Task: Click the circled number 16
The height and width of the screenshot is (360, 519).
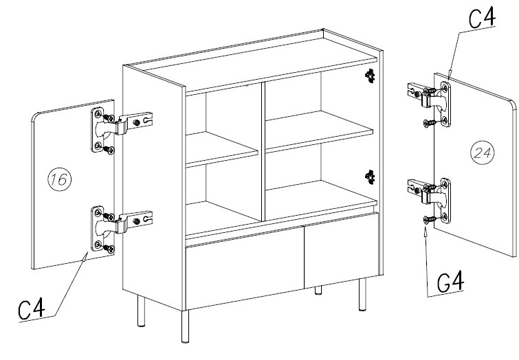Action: pyautogui.click(x=60, y=179)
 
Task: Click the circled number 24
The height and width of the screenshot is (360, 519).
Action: pyautogui.click(x=483, y=153)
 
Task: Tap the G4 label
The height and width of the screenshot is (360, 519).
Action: pyautogui.click(x=450, y=282)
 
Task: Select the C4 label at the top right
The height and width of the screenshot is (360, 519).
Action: pyautogui.click(x=483, y=18)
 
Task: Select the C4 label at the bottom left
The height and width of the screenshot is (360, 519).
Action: pyautogui.click(x=32, y=308)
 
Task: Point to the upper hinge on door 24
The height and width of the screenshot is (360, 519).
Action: pyautogui.click(x=430, y=104)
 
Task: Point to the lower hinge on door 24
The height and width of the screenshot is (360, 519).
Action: pyautogui.click(x=430, y=201)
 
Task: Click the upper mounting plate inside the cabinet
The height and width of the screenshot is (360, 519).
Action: pyautogui.click(x=370, y=76)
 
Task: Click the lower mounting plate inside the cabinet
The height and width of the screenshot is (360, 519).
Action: pyautogui.click(x=370, y=177)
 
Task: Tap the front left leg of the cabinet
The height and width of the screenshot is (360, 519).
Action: pyautogui.click(x=186, y=326)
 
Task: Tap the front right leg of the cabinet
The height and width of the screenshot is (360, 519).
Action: pyautogui.click(x=363, y=294)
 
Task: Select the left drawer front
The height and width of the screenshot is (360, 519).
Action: pyautogui.click(x=245, y=268)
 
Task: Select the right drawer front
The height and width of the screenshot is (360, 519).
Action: pyautogui.click(x=342, y=251)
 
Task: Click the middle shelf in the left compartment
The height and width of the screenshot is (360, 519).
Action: pyautogui.click(x=222, y=150)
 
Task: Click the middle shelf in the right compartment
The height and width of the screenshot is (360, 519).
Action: pyautogui.click(x=319, y=131)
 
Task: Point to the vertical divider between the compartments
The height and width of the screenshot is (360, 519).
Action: pyautogui.click(x=263, y=152)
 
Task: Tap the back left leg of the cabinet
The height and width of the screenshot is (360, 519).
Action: pyautogui.click(x=142, y=311)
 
